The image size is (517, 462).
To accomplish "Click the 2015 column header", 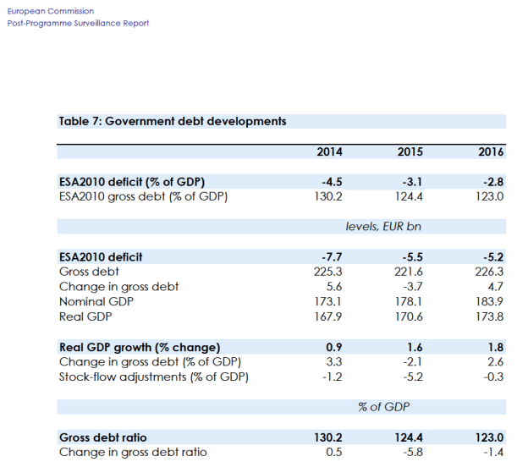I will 410,152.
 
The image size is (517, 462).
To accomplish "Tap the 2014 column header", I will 329,152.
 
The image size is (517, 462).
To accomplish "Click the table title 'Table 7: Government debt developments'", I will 173,121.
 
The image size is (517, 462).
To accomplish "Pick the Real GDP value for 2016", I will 491,316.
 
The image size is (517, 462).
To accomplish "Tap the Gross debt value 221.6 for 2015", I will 410,272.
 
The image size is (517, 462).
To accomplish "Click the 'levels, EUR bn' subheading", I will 383,227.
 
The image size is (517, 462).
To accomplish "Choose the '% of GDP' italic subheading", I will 383,407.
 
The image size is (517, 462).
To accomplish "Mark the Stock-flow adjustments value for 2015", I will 412,377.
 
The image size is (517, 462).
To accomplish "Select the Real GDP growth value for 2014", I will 334,347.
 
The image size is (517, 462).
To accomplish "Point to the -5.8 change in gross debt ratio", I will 412,452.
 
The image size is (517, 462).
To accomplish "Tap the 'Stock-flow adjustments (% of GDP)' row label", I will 153,377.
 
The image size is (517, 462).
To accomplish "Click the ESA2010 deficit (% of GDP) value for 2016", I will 493,182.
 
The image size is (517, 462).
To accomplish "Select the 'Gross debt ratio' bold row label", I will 102,437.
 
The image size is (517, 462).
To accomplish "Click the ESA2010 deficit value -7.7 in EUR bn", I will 331,257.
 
